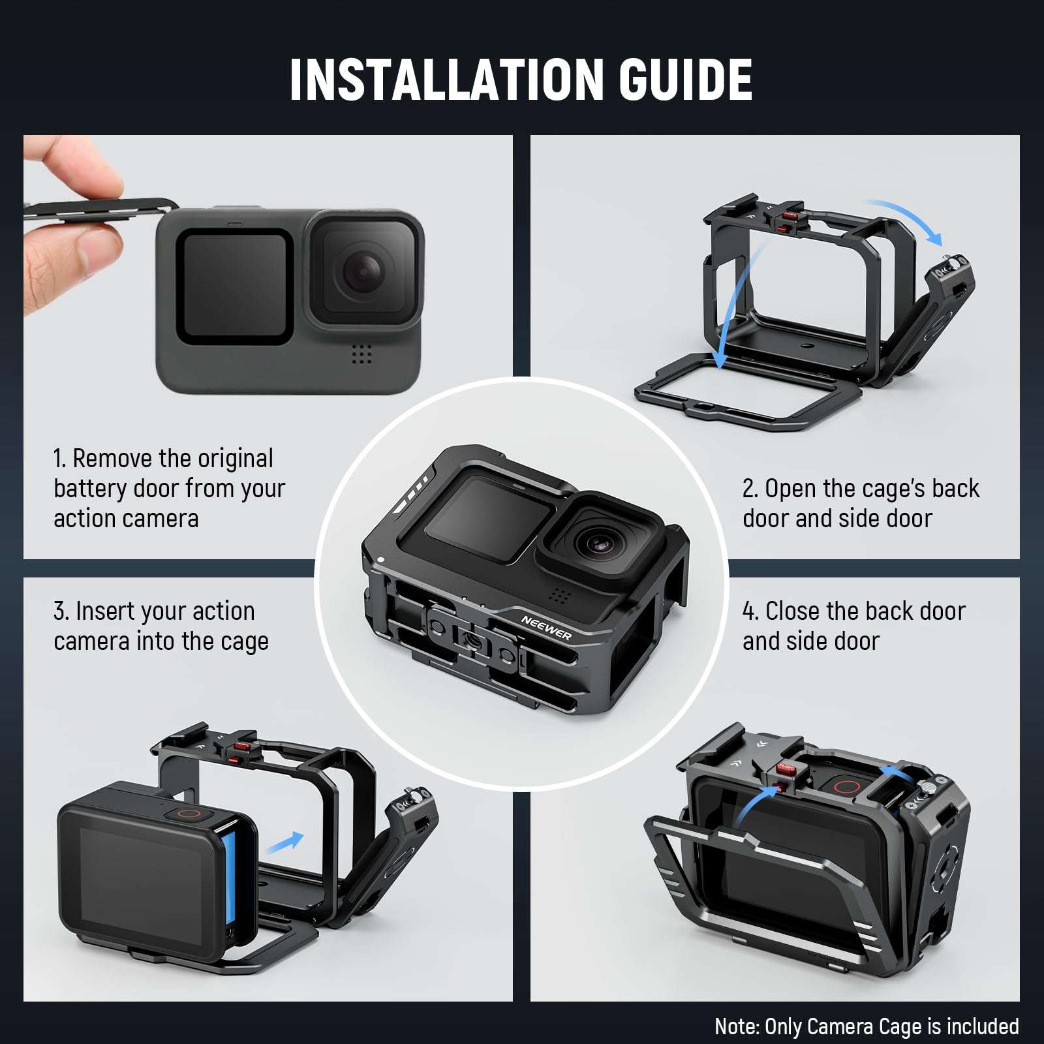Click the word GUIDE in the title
pyautogui.click(x=685, y=80)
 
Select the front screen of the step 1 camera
pyautogui.click(x=234, y=285)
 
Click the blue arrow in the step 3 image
pyautogui.click(x=284, y=842)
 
